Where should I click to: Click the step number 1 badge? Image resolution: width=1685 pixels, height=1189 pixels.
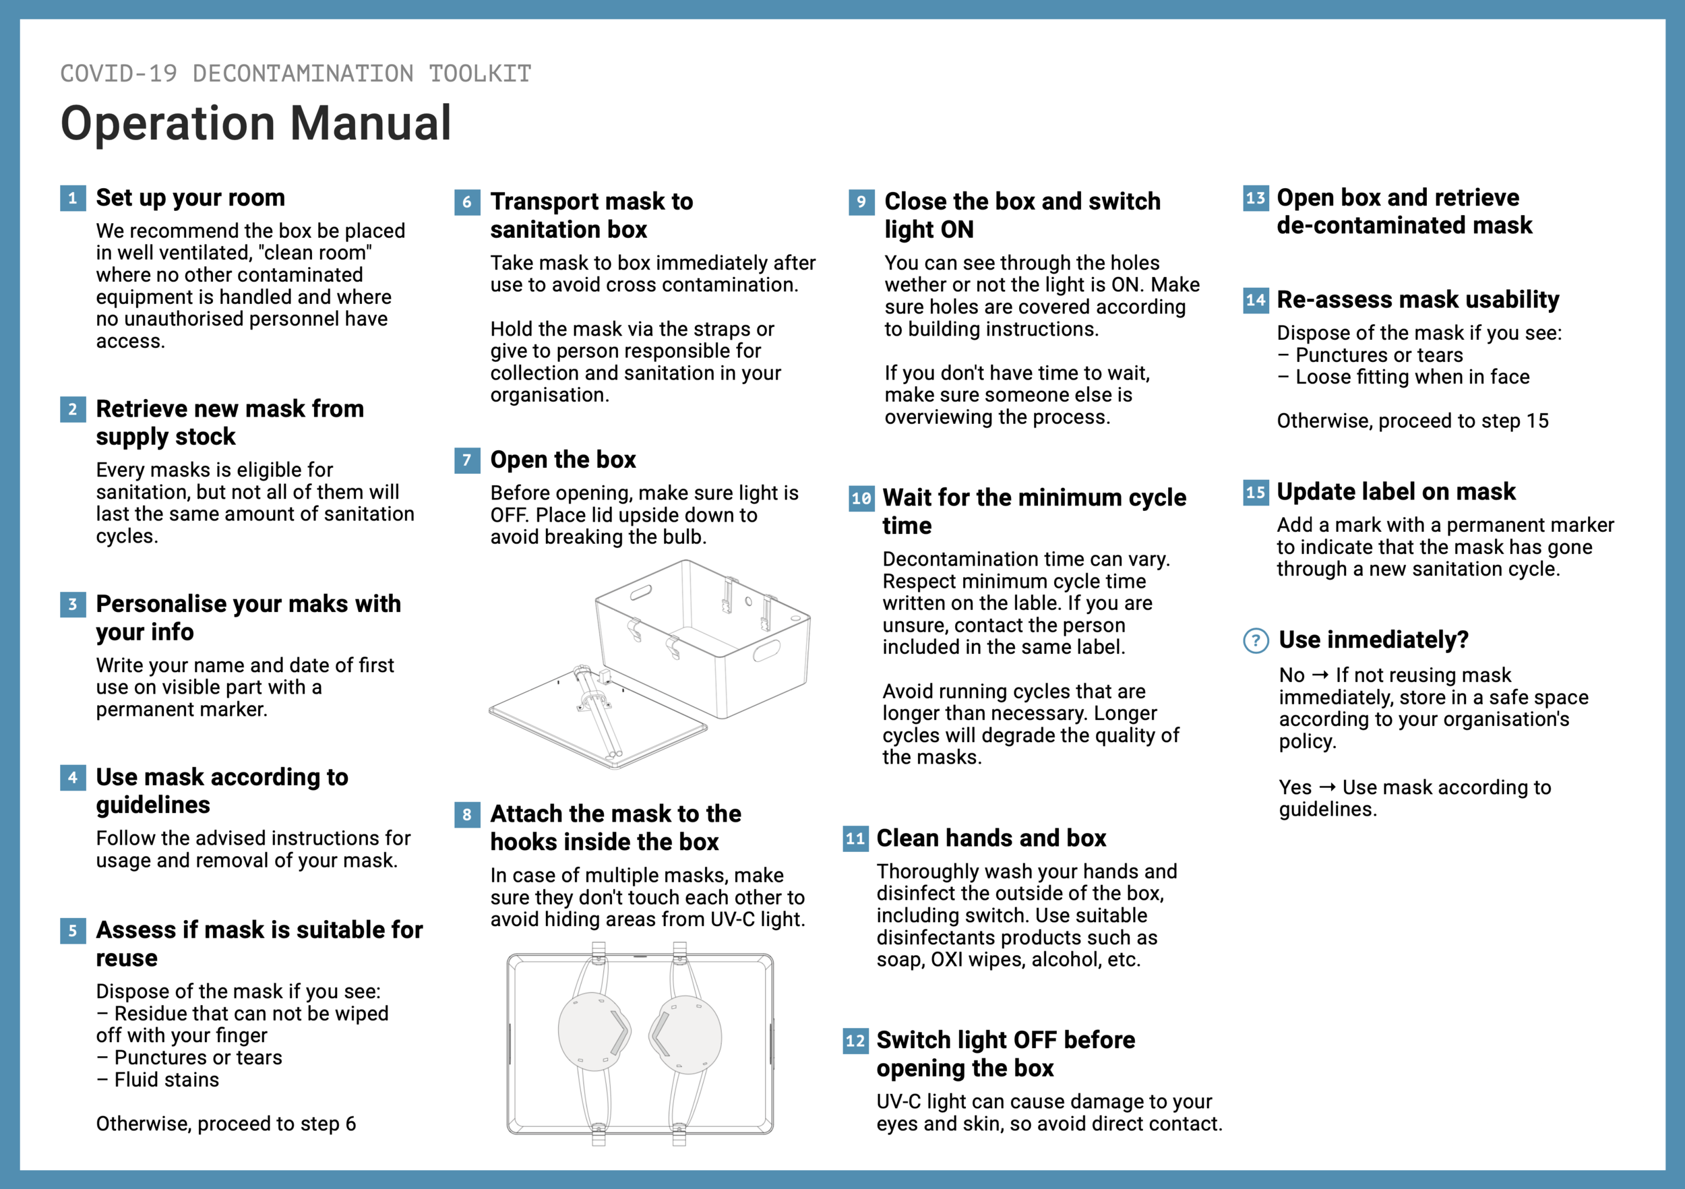click(73, 198)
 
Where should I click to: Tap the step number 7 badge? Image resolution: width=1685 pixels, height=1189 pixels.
click(467, 460)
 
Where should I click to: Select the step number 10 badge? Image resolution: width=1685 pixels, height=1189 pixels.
click(861, 498)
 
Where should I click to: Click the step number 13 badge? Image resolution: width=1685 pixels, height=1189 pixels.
click(1255, 198)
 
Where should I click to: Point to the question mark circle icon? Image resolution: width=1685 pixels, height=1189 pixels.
click(1256, 641)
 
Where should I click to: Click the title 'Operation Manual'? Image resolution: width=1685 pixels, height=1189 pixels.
click(255, 123)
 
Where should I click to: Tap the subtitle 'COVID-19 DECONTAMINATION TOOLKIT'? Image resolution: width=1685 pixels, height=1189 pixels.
click(296, 73)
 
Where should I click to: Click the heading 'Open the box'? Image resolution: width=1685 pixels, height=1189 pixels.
click(563, 460)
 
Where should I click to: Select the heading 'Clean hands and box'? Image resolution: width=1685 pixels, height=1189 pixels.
click(991, 839)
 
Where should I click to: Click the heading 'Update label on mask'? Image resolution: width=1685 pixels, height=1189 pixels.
click(1395, 492)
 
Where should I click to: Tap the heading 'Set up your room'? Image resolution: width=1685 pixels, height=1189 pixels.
click(190, 198)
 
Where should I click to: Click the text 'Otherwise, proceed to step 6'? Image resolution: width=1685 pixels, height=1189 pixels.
click(226, 1124)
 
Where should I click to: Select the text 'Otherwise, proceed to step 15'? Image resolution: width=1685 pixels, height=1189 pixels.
click(1412, 421)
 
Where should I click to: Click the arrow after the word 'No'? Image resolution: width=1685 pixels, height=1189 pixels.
click(1320, 675)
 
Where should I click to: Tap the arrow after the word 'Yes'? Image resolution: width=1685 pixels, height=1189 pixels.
click(1327, 787)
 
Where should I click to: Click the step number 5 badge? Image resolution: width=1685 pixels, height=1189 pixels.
click(73, 931)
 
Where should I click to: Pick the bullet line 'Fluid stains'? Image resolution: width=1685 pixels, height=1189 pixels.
click(166, 1080)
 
